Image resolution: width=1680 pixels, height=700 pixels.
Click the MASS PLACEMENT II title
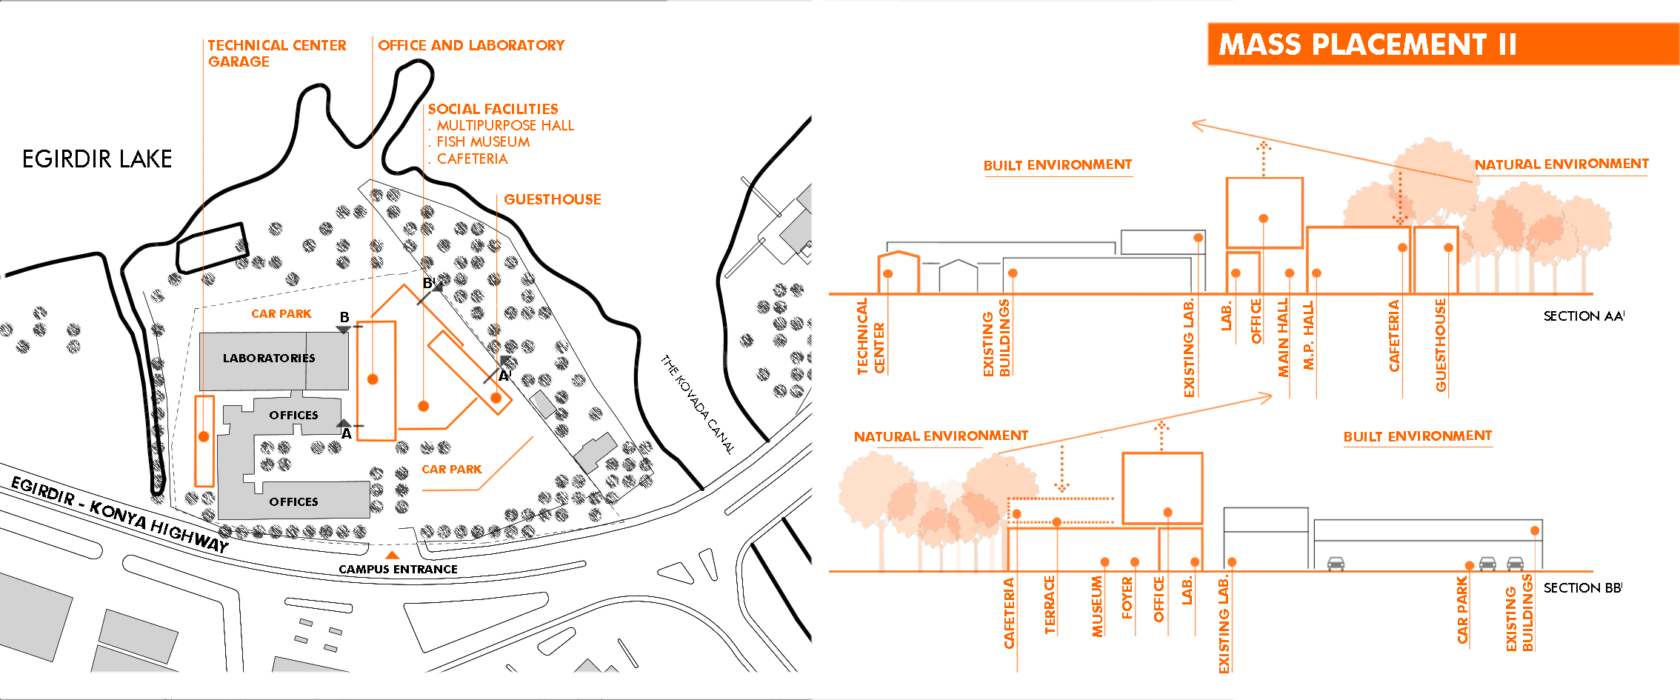[1367, 44]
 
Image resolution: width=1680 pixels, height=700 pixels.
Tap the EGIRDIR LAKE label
[97, 159]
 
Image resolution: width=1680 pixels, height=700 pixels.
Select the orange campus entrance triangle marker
[392, 555]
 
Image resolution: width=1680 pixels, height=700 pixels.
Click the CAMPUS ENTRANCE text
[398, 569]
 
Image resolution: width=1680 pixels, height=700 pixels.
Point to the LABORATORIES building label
[269, 358]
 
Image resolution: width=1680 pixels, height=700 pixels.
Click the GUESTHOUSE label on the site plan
[553, 199]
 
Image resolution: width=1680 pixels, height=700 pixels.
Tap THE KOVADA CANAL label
[697, 404]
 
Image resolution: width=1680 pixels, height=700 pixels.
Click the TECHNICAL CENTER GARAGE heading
[277, 53]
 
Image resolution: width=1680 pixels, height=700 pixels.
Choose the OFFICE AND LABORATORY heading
[471, 45]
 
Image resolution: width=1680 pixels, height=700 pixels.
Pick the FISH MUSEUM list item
[483, 141]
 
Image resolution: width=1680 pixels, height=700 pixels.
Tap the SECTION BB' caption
[1582, 588]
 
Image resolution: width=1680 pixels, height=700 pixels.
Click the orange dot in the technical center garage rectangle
[204, 437]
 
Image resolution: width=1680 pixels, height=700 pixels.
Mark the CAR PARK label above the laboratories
[281, 314]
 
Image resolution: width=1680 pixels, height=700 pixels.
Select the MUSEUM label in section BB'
[1097, 607]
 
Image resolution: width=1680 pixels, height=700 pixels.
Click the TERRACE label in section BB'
[1050, 605]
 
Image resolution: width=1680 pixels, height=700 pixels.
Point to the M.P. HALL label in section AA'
[1308, 336]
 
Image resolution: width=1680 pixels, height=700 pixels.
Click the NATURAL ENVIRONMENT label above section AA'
[1561, 164]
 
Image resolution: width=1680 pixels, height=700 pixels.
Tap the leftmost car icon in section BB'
[1336, 564]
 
